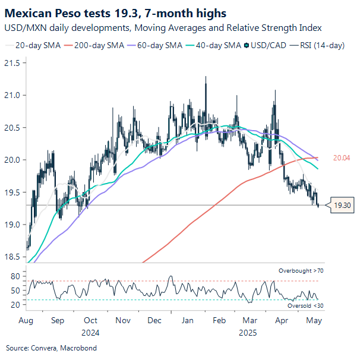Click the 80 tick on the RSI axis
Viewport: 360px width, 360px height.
(15, 276)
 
